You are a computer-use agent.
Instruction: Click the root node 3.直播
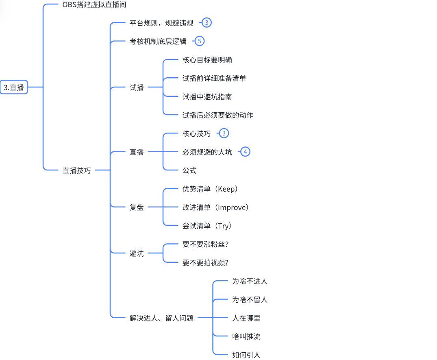tap(14, 87)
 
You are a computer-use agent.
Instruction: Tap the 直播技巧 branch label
tap(76, 170)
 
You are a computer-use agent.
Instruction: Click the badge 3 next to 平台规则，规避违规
tap(207, 23)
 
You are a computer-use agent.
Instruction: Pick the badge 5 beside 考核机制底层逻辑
tap(199, 41)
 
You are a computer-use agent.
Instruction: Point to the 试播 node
tap(137, 87)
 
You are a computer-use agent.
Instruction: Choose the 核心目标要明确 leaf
tap(207, 60)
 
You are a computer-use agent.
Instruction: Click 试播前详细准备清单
tap(214, 78)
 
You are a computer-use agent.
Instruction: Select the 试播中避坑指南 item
tap(207, 97)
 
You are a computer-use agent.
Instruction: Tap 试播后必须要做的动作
tap(218, 115)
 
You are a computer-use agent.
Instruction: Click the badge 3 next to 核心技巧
tap(224, 133)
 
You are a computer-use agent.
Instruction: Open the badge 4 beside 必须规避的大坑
tap(245, 152)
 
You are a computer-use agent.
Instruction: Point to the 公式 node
tap(189, 170)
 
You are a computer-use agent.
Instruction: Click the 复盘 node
tap(137, 207)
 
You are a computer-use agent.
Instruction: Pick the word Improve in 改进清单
tap(232, 207)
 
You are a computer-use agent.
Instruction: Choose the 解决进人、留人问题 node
tap(161, 318)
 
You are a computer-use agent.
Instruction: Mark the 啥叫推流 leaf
tap(246, 336)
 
